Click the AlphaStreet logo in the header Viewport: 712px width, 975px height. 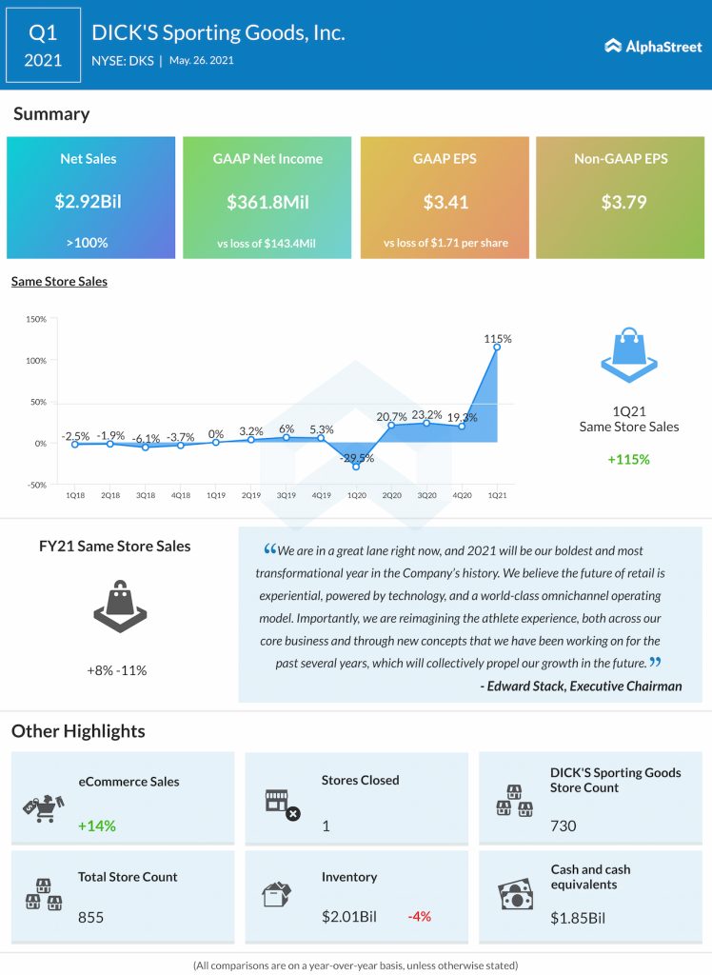[x=652, y=46]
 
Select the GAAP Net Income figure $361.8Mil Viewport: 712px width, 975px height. [x=267, y=202]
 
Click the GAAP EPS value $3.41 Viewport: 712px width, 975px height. [x=445, y=202]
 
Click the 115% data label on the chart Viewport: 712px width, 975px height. [x=498, y=338]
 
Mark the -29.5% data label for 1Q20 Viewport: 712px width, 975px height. [x=357, y=458]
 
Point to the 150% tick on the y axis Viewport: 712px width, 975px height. [x=35, y=319]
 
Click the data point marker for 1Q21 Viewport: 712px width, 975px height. [x=497, y=348]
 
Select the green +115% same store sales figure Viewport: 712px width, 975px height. [x=628, y=459]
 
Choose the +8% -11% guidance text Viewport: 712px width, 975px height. [x=117, y=670]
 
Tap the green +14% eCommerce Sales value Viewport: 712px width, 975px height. [x=97, y=826]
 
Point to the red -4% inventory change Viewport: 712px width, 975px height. [x=419, y=917]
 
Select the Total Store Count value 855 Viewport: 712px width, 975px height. [x=91, y=917]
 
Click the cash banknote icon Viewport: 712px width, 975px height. [x=516, y=895]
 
